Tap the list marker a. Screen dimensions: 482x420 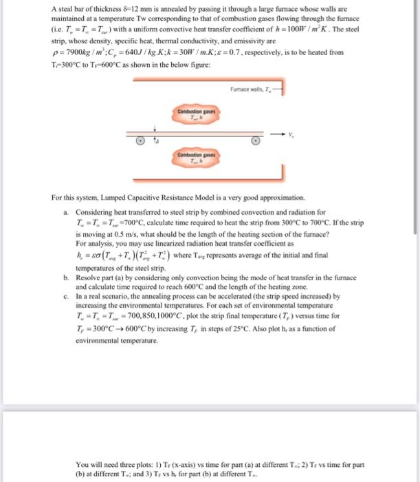pyautogui.click(x=65, y=213)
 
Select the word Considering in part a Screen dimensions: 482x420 pyautogui.click(x=95, y=213)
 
